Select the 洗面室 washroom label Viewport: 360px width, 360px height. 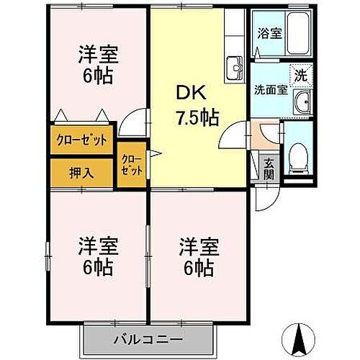coord(270,91)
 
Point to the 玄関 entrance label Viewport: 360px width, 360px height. coord(269,170)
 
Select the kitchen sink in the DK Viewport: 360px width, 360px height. coord(234,68)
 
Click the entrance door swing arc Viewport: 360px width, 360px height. coord(266,199)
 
